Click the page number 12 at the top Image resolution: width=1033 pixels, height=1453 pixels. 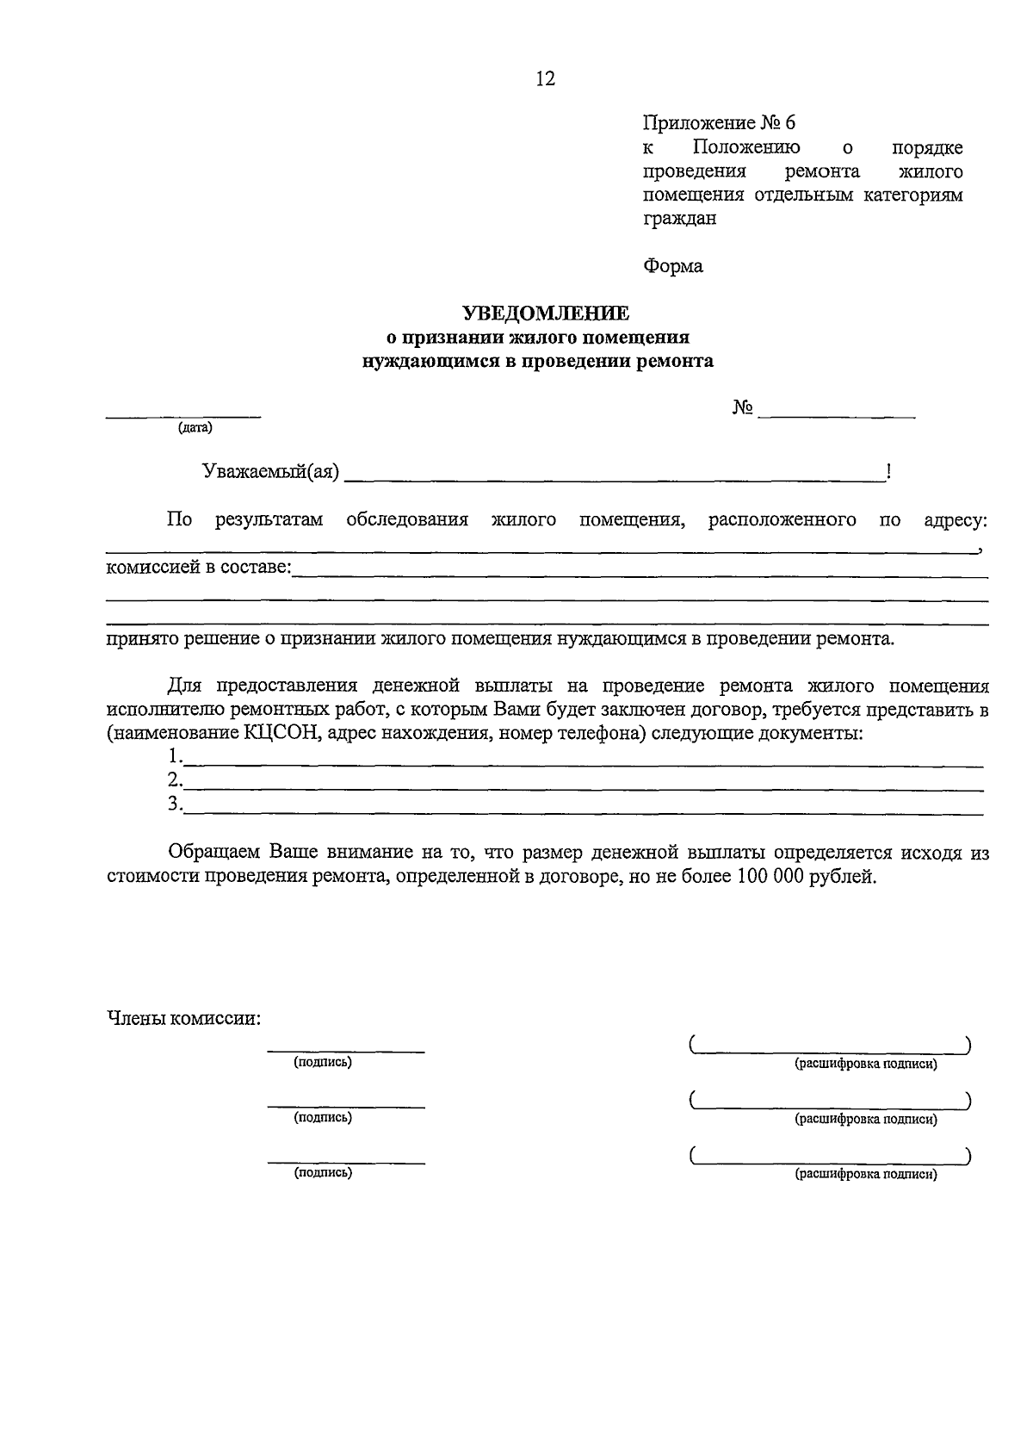(545, 79)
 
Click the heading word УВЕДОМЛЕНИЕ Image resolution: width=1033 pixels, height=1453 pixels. (546, 314)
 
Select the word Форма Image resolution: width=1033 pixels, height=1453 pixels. (672, 266)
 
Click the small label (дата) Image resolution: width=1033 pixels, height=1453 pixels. (195, 428)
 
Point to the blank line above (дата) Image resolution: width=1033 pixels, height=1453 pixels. (182, 418)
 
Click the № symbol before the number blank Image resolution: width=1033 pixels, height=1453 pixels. (743, 408)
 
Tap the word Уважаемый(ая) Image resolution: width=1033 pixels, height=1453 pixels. (270, 472)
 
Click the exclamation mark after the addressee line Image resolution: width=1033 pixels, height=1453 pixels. (888, 471)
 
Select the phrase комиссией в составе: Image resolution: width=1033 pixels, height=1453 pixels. (199, 568)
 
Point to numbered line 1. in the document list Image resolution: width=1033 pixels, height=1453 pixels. (176, 756)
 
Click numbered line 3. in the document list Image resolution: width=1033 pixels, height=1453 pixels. (176, 804)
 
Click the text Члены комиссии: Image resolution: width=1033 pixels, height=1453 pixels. (183, 1019)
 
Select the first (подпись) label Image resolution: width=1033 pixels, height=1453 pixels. (323, 1063)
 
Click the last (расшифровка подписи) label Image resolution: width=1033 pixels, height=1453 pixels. (865, 1174)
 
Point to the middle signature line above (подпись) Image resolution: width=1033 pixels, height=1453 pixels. (345, 1107)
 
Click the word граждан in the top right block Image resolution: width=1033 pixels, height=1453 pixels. (679, 218)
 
